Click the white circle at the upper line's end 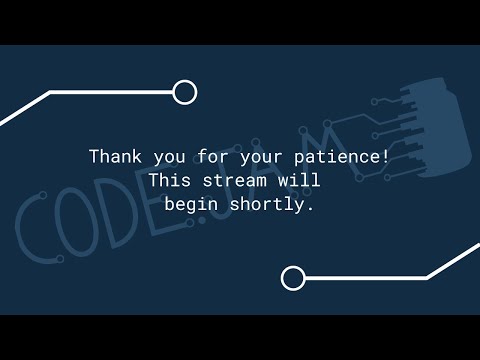tap(184, 92)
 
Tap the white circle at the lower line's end tap(292, 278)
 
